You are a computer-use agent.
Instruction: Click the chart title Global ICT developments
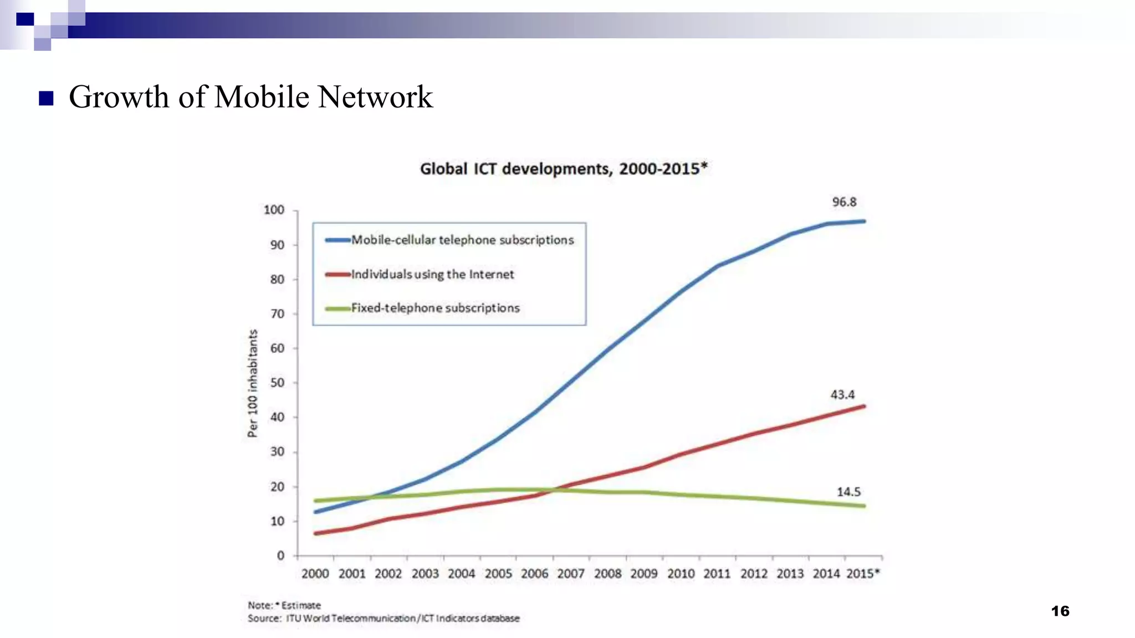(x=563, y=168)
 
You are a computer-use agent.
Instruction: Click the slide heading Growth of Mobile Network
(x=250, y=97)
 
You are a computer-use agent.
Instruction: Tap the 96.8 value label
(x=844, y=202)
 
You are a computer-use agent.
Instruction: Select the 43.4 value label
(x=842, y=395)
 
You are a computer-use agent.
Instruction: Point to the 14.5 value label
(x=848, y=492)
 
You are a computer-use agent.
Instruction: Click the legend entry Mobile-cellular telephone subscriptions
(x=462, y=240)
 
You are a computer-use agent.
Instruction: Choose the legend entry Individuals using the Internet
(x=432, y=274)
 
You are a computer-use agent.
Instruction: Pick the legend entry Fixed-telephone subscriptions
(x=435, y=308)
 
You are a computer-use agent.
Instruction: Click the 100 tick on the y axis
(x=274, y=210)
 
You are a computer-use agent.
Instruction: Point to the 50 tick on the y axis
(x=277, y=383)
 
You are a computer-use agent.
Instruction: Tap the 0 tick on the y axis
(x=280, y=555)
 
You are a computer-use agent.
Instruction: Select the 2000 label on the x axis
(x=315, y=574)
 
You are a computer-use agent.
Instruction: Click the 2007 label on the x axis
(x=571, y=574)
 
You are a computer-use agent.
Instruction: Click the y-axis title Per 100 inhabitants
(x=253, y=383)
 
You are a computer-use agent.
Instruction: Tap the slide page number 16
(x=1060, y=611)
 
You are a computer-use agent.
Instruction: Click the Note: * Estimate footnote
(x=284, y=605)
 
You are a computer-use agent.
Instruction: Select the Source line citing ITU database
(x=384, y=618)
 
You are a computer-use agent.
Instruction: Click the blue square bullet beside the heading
(x=46, y=99)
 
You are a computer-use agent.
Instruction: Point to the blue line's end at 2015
(x=863, y=222)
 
